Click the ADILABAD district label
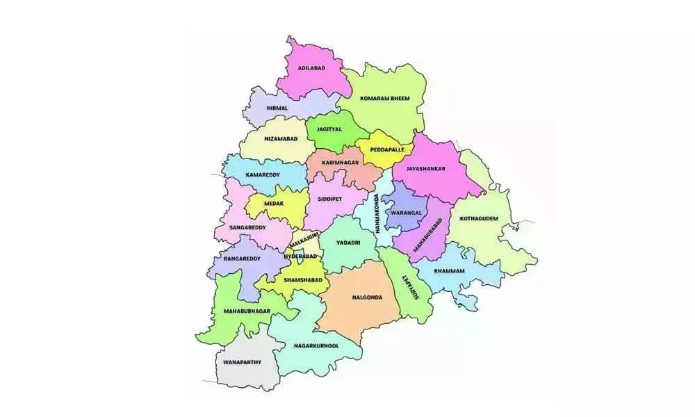click(x=311, y=68)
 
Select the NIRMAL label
click(x=277, y=108)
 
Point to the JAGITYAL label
click(x=329, y=129)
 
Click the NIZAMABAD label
click(x=281, y=139)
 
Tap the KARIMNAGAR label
click(x=340, y=162)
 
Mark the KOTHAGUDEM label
click(x=479, y=218)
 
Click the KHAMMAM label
click(x=449, y=270)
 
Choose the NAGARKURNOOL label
click(x=316, y=345)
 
